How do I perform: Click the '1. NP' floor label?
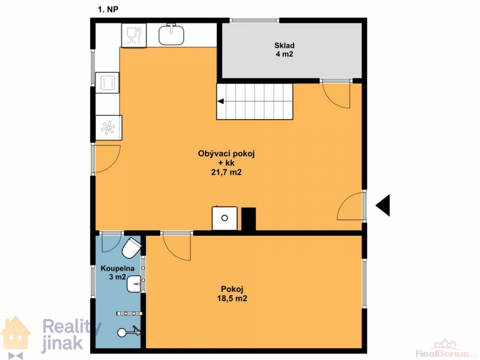(x=108, y=9)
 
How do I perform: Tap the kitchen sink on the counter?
(x=172, y=35)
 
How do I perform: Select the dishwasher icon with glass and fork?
(x=134, y=36)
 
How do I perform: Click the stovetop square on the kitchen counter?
(x=107, y=82)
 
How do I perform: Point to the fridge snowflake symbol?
(x=108, y=128)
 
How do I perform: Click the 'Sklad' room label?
(x=285, y=45)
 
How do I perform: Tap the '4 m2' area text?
(x=285, y=54)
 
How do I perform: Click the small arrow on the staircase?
(x=221, y=101)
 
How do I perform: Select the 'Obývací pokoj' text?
(x=226, y=154)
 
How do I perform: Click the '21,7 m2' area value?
(x=226, y=172)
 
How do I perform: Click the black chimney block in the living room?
(x=248, y=219)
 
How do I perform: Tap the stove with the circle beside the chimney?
(x=225, y=218)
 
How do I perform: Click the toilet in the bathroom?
(x=132, y=247)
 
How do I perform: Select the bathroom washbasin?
(x=134, y=284)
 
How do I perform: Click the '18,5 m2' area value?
(x=232, y=299)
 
